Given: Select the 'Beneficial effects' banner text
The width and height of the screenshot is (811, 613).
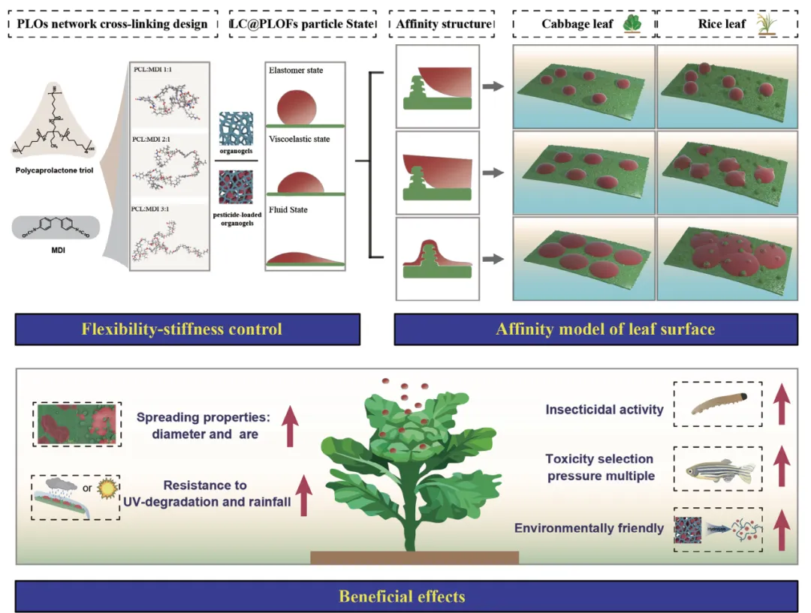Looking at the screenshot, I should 402,596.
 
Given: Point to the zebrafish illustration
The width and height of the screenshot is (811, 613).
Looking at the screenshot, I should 719,470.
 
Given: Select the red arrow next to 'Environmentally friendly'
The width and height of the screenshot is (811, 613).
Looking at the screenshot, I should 781,530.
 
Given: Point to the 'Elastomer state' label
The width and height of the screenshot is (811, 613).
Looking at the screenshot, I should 295,71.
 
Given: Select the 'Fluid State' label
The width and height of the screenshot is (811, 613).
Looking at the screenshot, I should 288,209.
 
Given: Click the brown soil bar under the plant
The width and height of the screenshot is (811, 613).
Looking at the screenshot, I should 414,557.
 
